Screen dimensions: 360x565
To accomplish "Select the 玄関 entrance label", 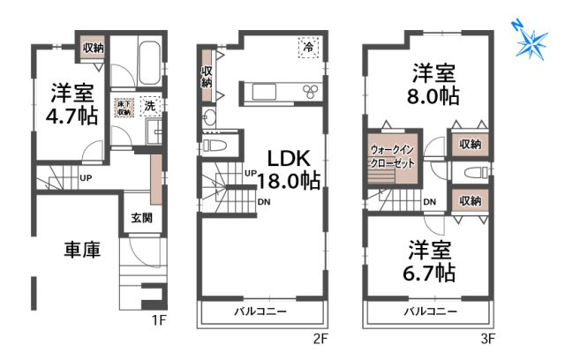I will pyautogui.click(x=142, y=218).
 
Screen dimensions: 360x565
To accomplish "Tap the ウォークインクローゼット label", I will pyautogui.click(x=392, y=157).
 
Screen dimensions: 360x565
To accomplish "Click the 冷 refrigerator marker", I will pyautogui.click(x=308, y=47).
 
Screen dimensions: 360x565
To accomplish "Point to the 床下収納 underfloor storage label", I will pyautogui.click(x=124, y=107).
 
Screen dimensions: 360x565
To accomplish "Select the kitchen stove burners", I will pyautogui.click(x=311, y=90).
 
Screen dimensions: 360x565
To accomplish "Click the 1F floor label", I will pyautogui.click(x=158, y=339).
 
